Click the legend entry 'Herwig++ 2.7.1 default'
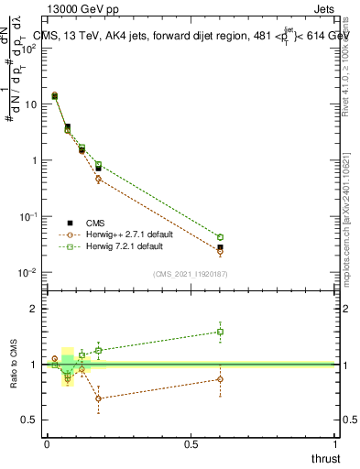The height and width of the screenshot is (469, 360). coord(133,234)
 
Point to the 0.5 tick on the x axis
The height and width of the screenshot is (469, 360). coord(190,444)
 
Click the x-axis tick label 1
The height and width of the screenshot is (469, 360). coord(335,444)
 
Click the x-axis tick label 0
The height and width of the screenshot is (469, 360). coord(47,444)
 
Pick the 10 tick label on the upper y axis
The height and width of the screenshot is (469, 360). coord(32,104)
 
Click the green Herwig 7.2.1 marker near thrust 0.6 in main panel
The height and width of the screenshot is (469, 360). coord(220,237)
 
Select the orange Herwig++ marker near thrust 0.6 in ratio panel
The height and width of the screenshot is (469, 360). coord(220,378)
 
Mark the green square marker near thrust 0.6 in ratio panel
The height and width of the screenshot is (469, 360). coord(220,332)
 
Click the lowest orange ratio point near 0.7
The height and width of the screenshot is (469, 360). coord(98,398)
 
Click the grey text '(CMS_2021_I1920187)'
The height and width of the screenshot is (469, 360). coord(190,274)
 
